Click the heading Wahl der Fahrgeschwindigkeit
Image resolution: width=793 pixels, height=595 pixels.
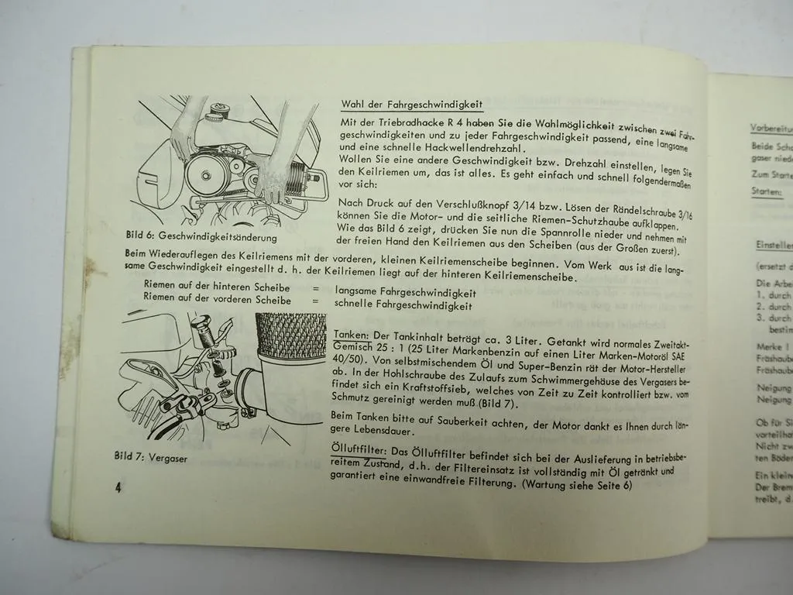click(x=411, y=105)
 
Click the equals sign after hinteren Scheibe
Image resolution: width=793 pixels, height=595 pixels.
click(x=316, y=288)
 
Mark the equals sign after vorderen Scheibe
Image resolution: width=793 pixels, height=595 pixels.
click(x=316, y=301)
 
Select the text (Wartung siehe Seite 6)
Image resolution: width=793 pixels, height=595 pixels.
click(x=577, y=485)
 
